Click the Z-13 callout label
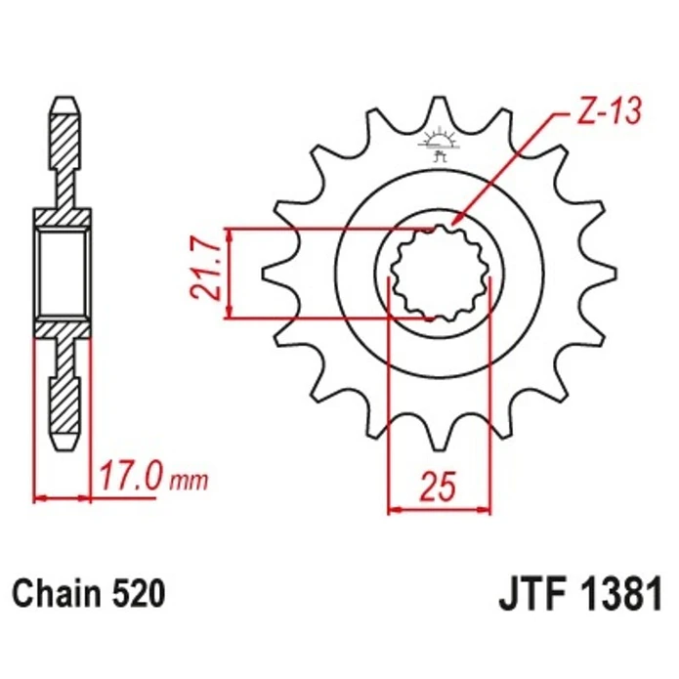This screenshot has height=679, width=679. click(609, 112)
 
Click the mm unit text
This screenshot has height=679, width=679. click(189, 481)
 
